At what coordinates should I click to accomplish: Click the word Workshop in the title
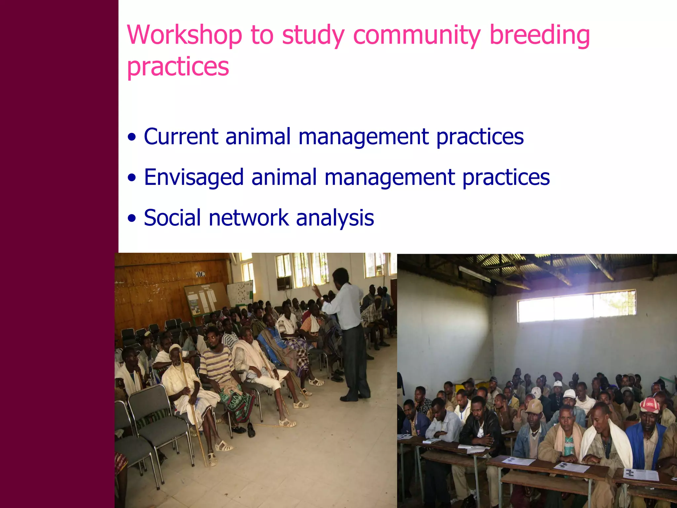tap(184, 35)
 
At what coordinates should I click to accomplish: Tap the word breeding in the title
tap(539, 35)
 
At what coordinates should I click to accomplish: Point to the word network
tap(249, 218)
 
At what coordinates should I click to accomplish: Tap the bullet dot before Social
tap(132, 219)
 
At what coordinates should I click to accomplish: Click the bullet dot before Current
tap(132, 137)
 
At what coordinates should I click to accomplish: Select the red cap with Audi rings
tap(650, 405)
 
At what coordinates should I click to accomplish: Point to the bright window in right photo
tap(576, 306)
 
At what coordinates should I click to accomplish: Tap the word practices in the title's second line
tap(178, 67)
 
